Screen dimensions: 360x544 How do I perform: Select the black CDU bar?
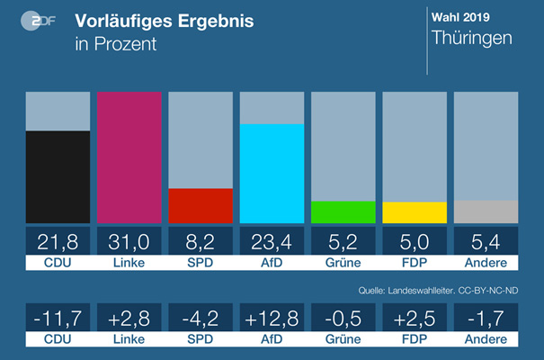pyautogui.click(x=58, y=177)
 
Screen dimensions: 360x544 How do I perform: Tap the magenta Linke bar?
pyautogui.click(x=129, y=157)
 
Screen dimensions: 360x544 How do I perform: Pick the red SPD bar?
pyautogui.click(x=201, y=205)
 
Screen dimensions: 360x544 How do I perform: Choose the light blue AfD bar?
pyautogui.click(x=272, y=173)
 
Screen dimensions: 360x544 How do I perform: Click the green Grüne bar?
pyautogui.click(x=343, y=212)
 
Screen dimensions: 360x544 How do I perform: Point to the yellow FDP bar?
pyautogui.click(x=414, y=212)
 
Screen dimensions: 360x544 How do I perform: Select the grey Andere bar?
pyautogui.click(x=486, y=211)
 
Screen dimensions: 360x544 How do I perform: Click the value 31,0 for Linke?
pyautogui.click(x=129, y=241)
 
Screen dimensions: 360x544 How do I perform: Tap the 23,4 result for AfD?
pyautogui.click(x=272, y=241)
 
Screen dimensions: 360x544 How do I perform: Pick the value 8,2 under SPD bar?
pyautogui.click(x=201, y=241)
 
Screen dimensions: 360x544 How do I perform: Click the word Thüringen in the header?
pyautogui.click(x=472, y=39)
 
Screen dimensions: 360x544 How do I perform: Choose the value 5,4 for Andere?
pyautogui.click(x=486, y=241)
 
